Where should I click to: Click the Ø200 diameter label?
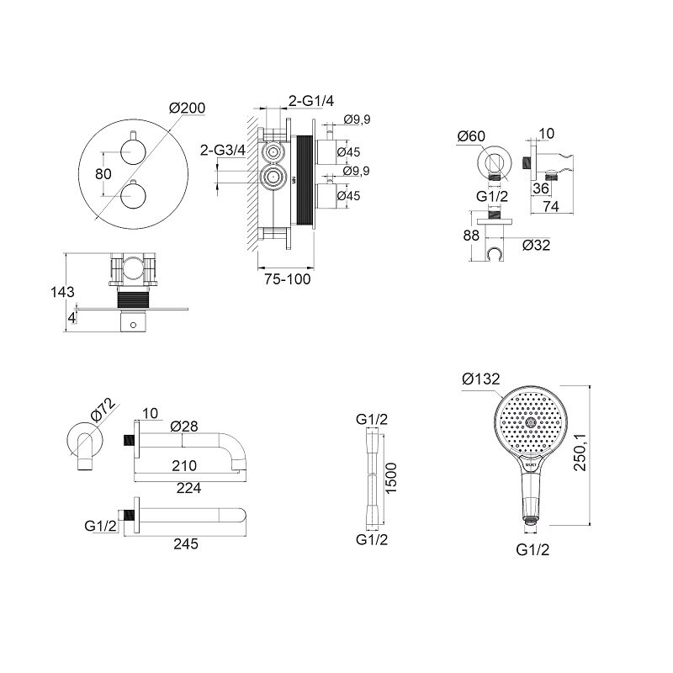click(187, 108)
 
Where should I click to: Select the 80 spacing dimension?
click(103, 174)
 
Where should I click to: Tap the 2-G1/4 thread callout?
click(310, 101)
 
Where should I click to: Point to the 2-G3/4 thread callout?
click(223, 150)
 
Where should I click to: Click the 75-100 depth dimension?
click(287, 279)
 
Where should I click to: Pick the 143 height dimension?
click(62, 292)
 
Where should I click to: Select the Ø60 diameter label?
click(471, 136)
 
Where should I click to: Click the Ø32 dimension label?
click(536, 245)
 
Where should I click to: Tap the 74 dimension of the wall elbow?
click(551, 206)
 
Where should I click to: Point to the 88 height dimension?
click(471, 236)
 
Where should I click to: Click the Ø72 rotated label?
click(103, 410)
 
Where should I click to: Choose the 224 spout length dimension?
click(188, 488)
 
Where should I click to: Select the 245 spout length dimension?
click(186, 543)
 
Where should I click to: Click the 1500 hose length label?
click(391, 478)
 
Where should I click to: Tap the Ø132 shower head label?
click(480, 379)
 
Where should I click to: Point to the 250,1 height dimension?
click(580, 452)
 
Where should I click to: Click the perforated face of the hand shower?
click(531, 422)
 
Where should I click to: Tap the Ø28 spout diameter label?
click(184, 427)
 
